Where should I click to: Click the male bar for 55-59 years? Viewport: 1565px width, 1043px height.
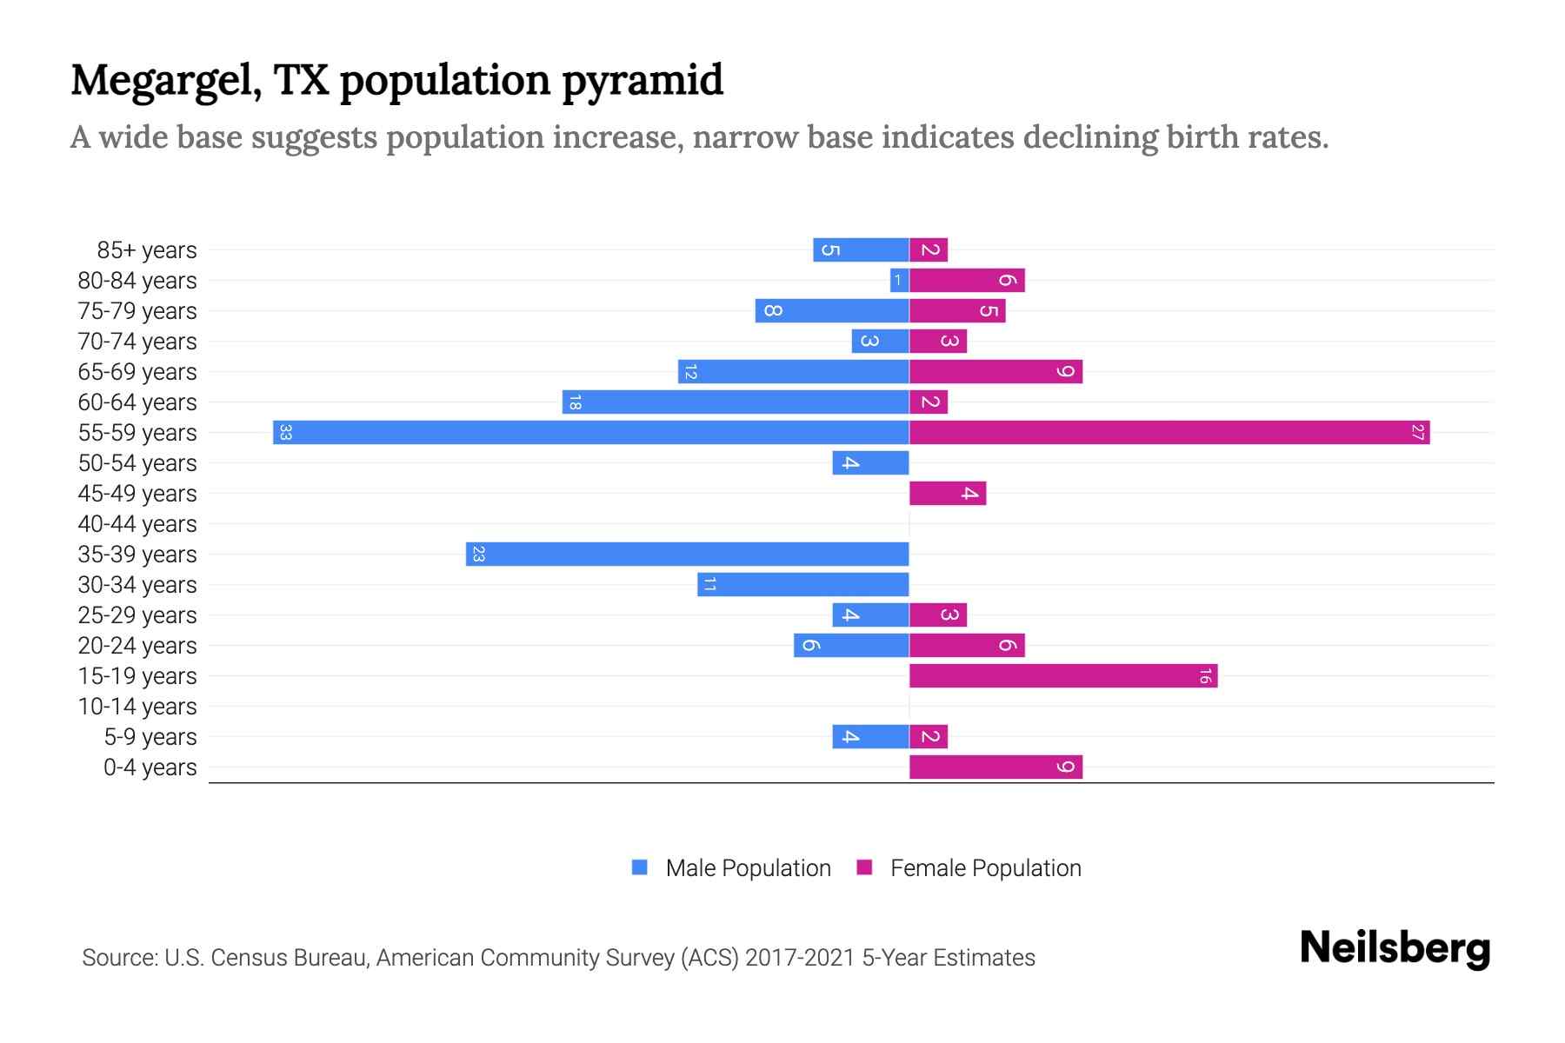(591, 432)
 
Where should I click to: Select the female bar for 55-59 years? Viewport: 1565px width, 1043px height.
(1169, 432)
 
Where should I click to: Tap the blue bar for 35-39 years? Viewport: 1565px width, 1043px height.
(687, 554)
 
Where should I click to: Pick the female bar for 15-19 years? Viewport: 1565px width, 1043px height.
(1062, 675)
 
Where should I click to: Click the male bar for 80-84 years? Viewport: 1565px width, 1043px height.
(900, 280)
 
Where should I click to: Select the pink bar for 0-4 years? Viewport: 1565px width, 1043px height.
(996, 767)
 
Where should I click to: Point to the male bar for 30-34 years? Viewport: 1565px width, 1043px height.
(802, 584)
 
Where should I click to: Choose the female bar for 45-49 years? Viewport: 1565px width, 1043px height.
(948, 493)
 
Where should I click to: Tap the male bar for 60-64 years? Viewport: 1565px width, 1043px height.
(736, 402)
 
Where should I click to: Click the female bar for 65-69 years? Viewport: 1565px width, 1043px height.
(996, 371)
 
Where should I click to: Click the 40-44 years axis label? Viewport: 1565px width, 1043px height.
(137, 524)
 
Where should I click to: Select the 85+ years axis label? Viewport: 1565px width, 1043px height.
(147, 250)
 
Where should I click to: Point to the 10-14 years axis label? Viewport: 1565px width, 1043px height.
(137, 707)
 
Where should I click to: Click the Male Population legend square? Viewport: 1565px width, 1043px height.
(640, 867)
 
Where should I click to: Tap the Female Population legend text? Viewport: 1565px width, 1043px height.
(985, 867)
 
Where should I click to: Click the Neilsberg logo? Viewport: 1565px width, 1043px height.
(1395, 948)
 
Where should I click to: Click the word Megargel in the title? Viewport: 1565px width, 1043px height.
(165, 81)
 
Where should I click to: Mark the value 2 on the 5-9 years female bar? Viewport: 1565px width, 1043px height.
(929, 737)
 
